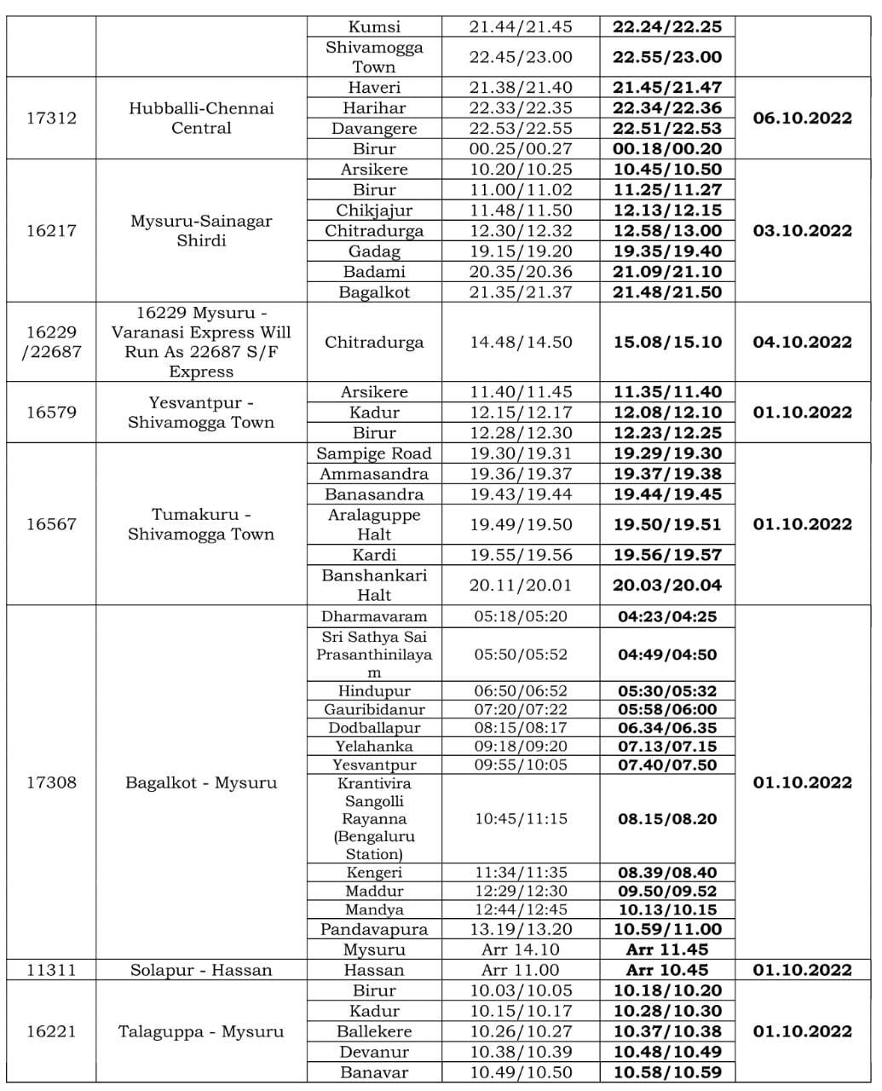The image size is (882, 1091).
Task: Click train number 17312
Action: point(51,118)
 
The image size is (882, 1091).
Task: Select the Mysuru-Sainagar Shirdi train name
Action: point(201,230)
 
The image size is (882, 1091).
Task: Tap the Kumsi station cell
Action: point(374,26)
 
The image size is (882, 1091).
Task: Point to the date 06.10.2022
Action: point(802,118)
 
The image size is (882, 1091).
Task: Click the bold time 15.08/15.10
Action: point(667,342)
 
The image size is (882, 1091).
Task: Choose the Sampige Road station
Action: point(374,453)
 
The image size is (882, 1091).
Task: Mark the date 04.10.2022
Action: point(802,342)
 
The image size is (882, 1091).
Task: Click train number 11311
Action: point(51,970)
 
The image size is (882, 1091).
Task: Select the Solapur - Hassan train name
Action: point(201,970)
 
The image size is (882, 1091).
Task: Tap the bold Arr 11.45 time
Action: point(667,950)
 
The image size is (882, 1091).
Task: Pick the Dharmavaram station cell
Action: point(374,616)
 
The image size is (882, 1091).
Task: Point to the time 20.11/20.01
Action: point(521,585)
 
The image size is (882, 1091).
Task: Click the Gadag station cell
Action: point(374,251)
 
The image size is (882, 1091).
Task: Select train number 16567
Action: point(51,524)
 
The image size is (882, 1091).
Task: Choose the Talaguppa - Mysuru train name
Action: point(201,1031)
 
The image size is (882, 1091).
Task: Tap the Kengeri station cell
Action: point(374,872)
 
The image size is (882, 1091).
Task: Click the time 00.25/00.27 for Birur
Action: point(521,149)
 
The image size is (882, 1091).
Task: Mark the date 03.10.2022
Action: point(802,230)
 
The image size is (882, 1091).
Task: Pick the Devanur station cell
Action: point(374,1052)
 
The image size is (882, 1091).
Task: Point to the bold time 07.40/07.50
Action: point(667,765)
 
